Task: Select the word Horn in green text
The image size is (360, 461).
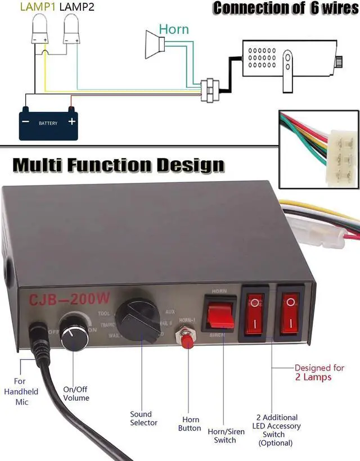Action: pos(174,29)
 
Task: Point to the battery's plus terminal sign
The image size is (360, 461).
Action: pos(71,121)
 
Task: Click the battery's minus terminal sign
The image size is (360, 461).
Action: pos(25,121)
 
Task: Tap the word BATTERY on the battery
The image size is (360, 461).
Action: pos(48,123)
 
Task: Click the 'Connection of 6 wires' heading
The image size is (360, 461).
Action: pos(285,8)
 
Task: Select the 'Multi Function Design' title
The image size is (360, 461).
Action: pos(119,165)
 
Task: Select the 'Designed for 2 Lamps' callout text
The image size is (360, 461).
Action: pos(319,372)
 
